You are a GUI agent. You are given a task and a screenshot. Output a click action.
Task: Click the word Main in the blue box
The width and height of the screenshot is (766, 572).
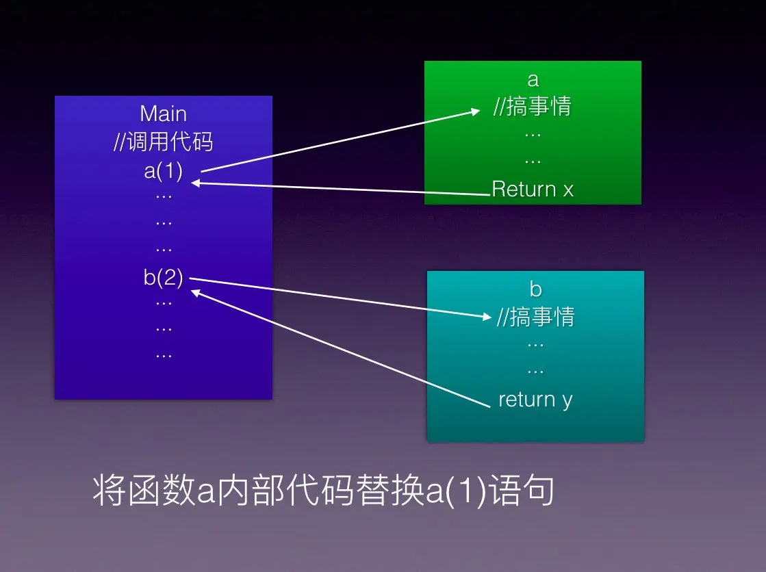(163, 114)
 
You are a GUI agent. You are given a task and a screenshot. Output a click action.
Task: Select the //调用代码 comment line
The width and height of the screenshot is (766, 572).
(163, 142)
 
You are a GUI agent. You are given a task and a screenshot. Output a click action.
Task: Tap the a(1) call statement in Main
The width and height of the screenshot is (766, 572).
(163, 170)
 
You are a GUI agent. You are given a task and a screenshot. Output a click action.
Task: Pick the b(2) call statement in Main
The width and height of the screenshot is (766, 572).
(163, 277)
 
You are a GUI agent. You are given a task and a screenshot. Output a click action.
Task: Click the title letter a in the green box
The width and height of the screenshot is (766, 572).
(533, 80)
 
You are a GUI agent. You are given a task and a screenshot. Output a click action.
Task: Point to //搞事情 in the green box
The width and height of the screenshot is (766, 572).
(533, 107)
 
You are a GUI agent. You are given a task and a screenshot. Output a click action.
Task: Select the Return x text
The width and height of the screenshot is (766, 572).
(533, 189)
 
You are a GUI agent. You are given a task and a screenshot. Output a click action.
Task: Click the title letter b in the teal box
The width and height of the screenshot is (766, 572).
(535, 289)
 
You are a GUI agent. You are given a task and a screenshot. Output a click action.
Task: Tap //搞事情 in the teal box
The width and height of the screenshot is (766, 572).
(535, 317)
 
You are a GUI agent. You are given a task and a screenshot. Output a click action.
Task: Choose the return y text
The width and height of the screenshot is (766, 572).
(535, 399)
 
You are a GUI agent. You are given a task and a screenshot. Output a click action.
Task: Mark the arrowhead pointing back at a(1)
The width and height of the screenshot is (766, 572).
(196, 183)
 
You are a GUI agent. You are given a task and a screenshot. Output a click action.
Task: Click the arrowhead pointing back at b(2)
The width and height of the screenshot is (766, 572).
(196, 292)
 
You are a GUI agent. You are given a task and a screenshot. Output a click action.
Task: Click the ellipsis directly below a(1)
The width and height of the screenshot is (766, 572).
(163, 196)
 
